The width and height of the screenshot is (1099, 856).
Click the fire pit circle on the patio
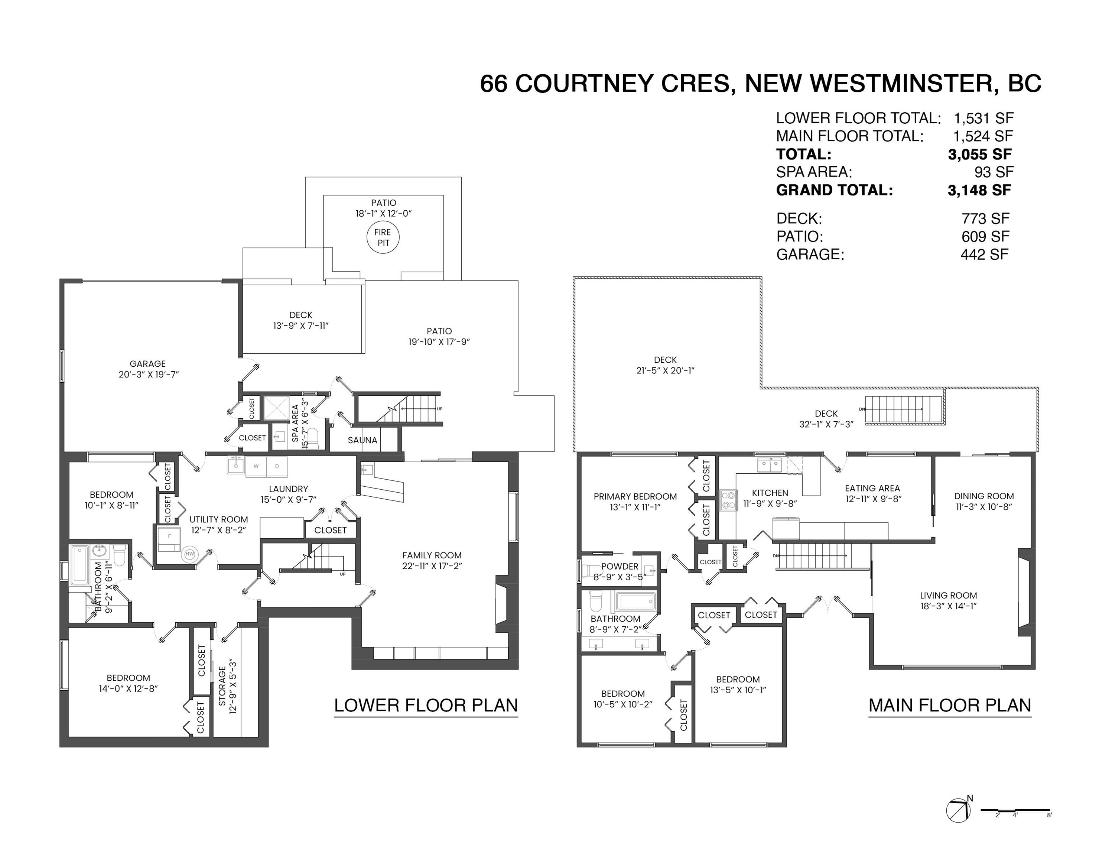(383, 237)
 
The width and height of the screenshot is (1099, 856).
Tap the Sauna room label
(362, 440)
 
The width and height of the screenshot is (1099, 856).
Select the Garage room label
(147, 364)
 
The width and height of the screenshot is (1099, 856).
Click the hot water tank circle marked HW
(190, 554)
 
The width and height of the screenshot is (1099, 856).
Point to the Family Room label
(432, 555)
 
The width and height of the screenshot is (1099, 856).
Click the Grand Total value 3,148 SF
(979, 190)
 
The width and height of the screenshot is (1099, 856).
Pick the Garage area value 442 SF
(984, 254)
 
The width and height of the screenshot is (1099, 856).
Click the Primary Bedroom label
(635, 497)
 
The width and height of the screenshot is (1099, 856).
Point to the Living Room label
(949, 595)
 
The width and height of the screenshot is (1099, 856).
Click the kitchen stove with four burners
(728, 500)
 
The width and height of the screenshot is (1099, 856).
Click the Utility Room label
(218, 519)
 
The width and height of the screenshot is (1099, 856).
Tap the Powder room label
(620, 567)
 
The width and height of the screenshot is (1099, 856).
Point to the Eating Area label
(872, 488)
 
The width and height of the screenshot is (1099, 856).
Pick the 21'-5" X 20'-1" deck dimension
(665, 370)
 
